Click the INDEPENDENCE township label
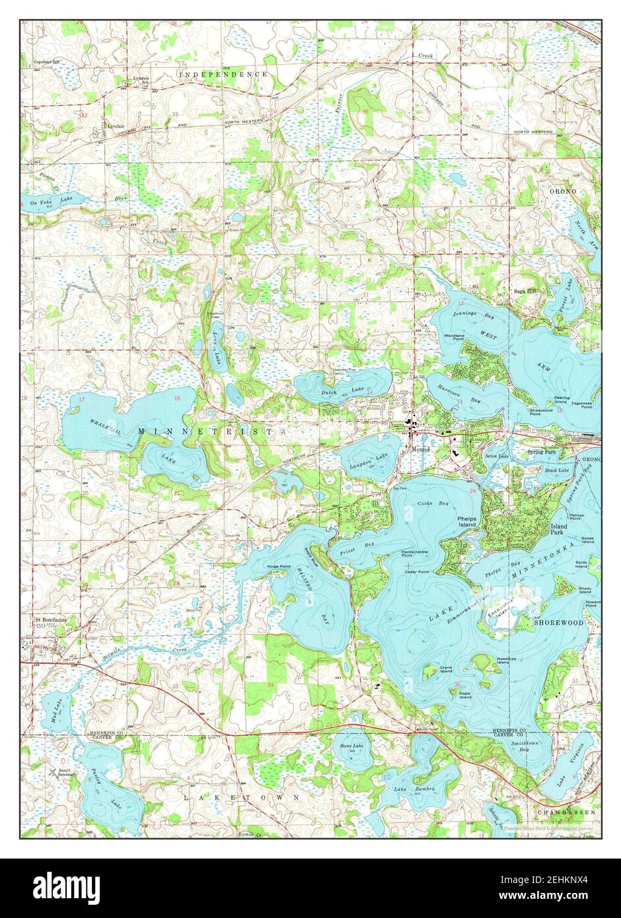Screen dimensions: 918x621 (x=225, y=75)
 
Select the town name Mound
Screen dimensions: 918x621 (x=420, y=449)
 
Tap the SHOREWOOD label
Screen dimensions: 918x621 (x=559, y=622)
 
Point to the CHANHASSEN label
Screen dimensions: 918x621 (x=566, y=811)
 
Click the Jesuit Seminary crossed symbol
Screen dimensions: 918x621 (x=52, y=771)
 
